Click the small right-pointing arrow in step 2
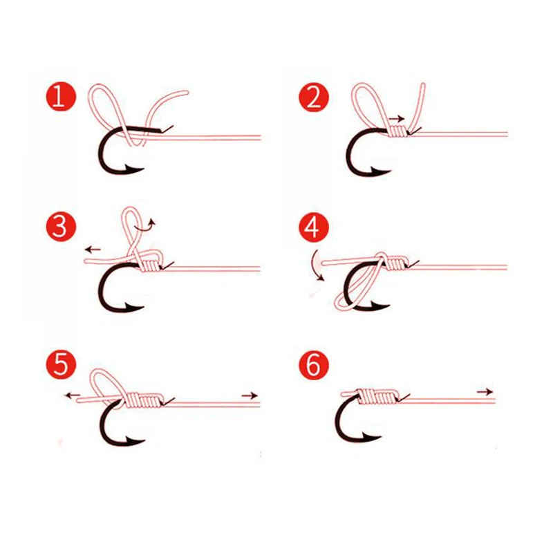397,120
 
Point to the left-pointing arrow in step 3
91,247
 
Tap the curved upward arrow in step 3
148,223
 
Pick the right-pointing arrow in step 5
250,395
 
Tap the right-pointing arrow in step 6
486,392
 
